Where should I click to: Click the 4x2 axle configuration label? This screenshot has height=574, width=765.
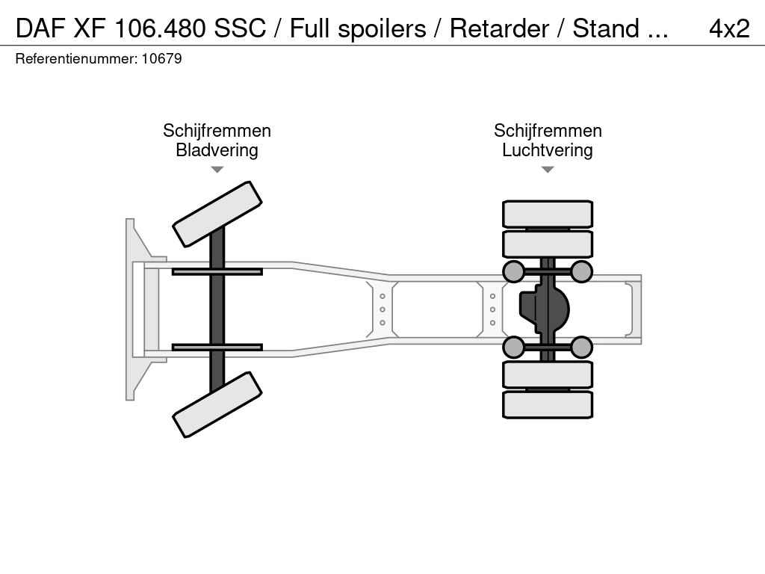(x=729, y=28)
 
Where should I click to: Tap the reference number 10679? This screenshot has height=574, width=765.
(x=161, y=58)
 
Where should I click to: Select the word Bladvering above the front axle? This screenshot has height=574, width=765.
(x=217, y=149)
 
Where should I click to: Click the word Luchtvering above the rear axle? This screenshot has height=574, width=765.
(x=548, y=149)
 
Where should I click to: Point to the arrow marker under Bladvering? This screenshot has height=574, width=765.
(x=217, y=170)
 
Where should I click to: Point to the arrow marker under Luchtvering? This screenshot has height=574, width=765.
(x=548, y=170)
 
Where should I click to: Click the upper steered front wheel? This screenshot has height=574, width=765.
(x=217, y=215)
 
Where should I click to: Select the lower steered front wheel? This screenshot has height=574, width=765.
(x=217, y=404)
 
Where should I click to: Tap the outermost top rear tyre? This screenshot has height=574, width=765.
(x=548, y=214)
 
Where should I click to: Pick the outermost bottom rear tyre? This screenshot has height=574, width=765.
(x=548, y=404)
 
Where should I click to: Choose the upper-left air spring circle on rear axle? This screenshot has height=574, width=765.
(x=513, y=271)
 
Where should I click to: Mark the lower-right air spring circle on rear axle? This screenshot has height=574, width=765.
(x=581, y=347)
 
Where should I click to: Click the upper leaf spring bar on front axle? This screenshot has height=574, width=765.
(x=217, y=271)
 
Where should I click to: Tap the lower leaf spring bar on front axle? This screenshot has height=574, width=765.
(x=217, y=347)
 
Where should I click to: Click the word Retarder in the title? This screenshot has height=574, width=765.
(x=499, y=28)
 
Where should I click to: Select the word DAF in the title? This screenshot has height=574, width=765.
(x=40, y=28)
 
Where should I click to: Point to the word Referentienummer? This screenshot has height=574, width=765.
(x=76, y=58)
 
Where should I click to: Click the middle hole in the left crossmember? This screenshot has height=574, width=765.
(x=382, y=309)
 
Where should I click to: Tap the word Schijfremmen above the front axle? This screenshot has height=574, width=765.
(x=217, y=130)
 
